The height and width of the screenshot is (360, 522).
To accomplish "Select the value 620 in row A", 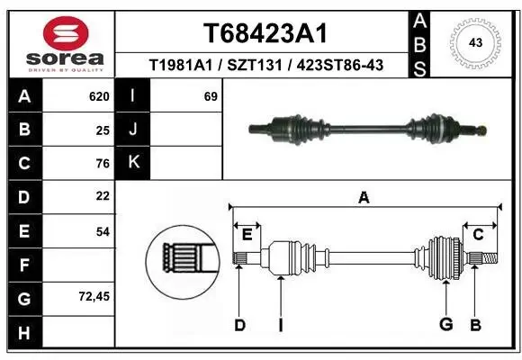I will (x=98, y=96).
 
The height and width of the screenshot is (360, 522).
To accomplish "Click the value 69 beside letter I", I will (x=211, y=96).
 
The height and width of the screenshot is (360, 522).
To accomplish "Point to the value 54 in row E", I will (x=102, y=231).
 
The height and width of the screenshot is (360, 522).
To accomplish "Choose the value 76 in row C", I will (x=102, y=164).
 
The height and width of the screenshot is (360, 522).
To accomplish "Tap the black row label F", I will (x=23, y=265).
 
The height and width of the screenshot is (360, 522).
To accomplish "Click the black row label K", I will (x=133, y=163).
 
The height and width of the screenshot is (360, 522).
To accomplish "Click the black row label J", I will (x=133, y=130).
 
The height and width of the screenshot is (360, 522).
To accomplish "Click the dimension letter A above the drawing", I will (x=364, y=197).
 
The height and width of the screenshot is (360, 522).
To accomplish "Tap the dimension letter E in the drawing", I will (x=247, y=235).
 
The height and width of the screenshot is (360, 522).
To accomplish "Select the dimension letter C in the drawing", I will (x=479, y=235).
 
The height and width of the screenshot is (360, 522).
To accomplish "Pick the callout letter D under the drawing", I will (x=239, y=325).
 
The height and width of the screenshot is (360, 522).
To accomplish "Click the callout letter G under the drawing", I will (x=444, y=325).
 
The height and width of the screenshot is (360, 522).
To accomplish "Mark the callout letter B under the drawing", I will (x=476, y=325).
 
